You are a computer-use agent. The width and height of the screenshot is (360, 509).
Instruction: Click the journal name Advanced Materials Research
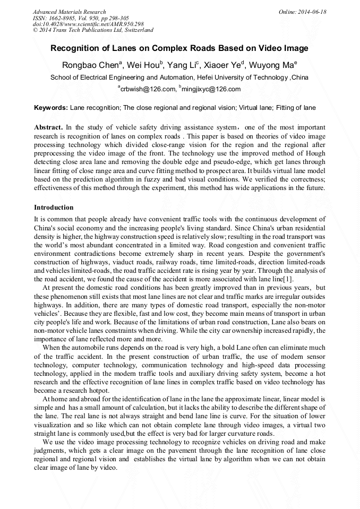click(70, 11)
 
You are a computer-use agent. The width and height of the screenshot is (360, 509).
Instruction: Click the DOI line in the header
click(88, 24)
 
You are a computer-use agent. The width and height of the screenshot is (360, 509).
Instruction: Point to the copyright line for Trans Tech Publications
click(93, 30)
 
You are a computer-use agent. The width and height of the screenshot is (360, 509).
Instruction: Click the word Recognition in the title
click(75, 48)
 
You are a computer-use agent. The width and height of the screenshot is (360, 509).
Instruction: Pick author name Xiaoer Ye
click(221, 65)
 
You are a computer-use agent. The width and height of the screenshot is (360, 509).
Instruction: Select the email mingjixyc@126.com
click(211, 89)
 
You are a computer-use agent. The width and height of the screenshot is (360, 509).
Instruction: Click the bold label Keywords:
click(51, 108)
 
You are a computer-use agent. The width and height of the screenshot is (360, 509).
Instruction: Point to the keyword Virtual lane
click(257, 108)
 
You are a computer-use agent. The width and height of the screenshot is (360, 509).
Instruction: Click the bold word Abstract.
click(48, 128)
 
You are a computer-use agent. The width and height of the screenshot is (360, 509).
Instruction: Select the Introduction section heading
click(54, 207)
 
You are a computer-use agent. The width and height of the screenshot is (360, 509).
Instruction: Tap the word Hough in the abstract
click(315, 153)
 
